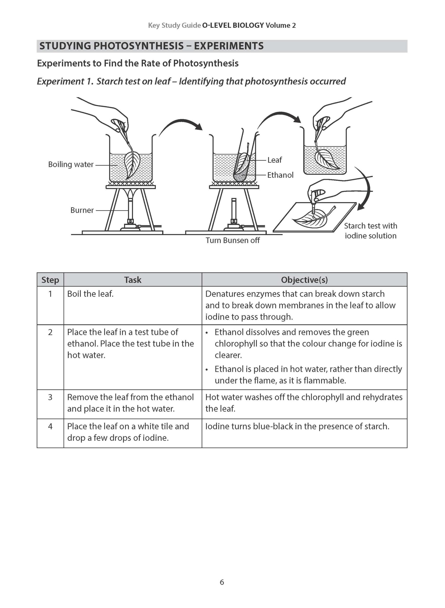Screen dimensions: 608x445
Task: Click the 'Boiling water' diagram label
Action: pyautogui.click(x=71, y=164)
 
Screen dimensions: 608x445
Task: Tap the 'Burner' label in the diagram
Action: pyautogui.click(x=82, y=210)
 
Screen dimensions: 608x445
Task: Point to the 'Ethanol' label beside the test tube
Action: pyautogui.click(x=280, y=175)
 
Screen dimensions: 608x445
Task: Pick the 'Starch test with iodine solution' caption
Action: pyautogui.click(x=370, y=231)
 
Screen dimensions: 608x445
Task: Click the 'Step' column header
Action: pyautogui.click(x=50, y=280)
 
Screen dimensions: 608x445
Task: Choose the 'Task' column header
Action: pyautogui.click(x=133, y=280)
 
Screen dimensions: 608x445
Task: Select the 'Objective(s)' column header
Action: pyautogui.click(x=304, y=280)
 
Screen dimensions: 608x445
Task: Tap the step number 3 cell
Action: pyautogui.click(x=50, y=397)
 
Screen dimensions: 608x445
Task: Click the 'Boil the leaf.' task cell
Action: pyautogui.click(x=90, y=294)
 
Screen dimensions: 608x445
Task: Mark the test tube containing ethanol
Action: pyautogui.click(x=244, y=164)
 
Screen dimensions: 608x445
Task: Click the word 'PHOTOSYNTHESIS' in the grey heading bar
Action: pyautogui.click(x=139, y=46)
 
